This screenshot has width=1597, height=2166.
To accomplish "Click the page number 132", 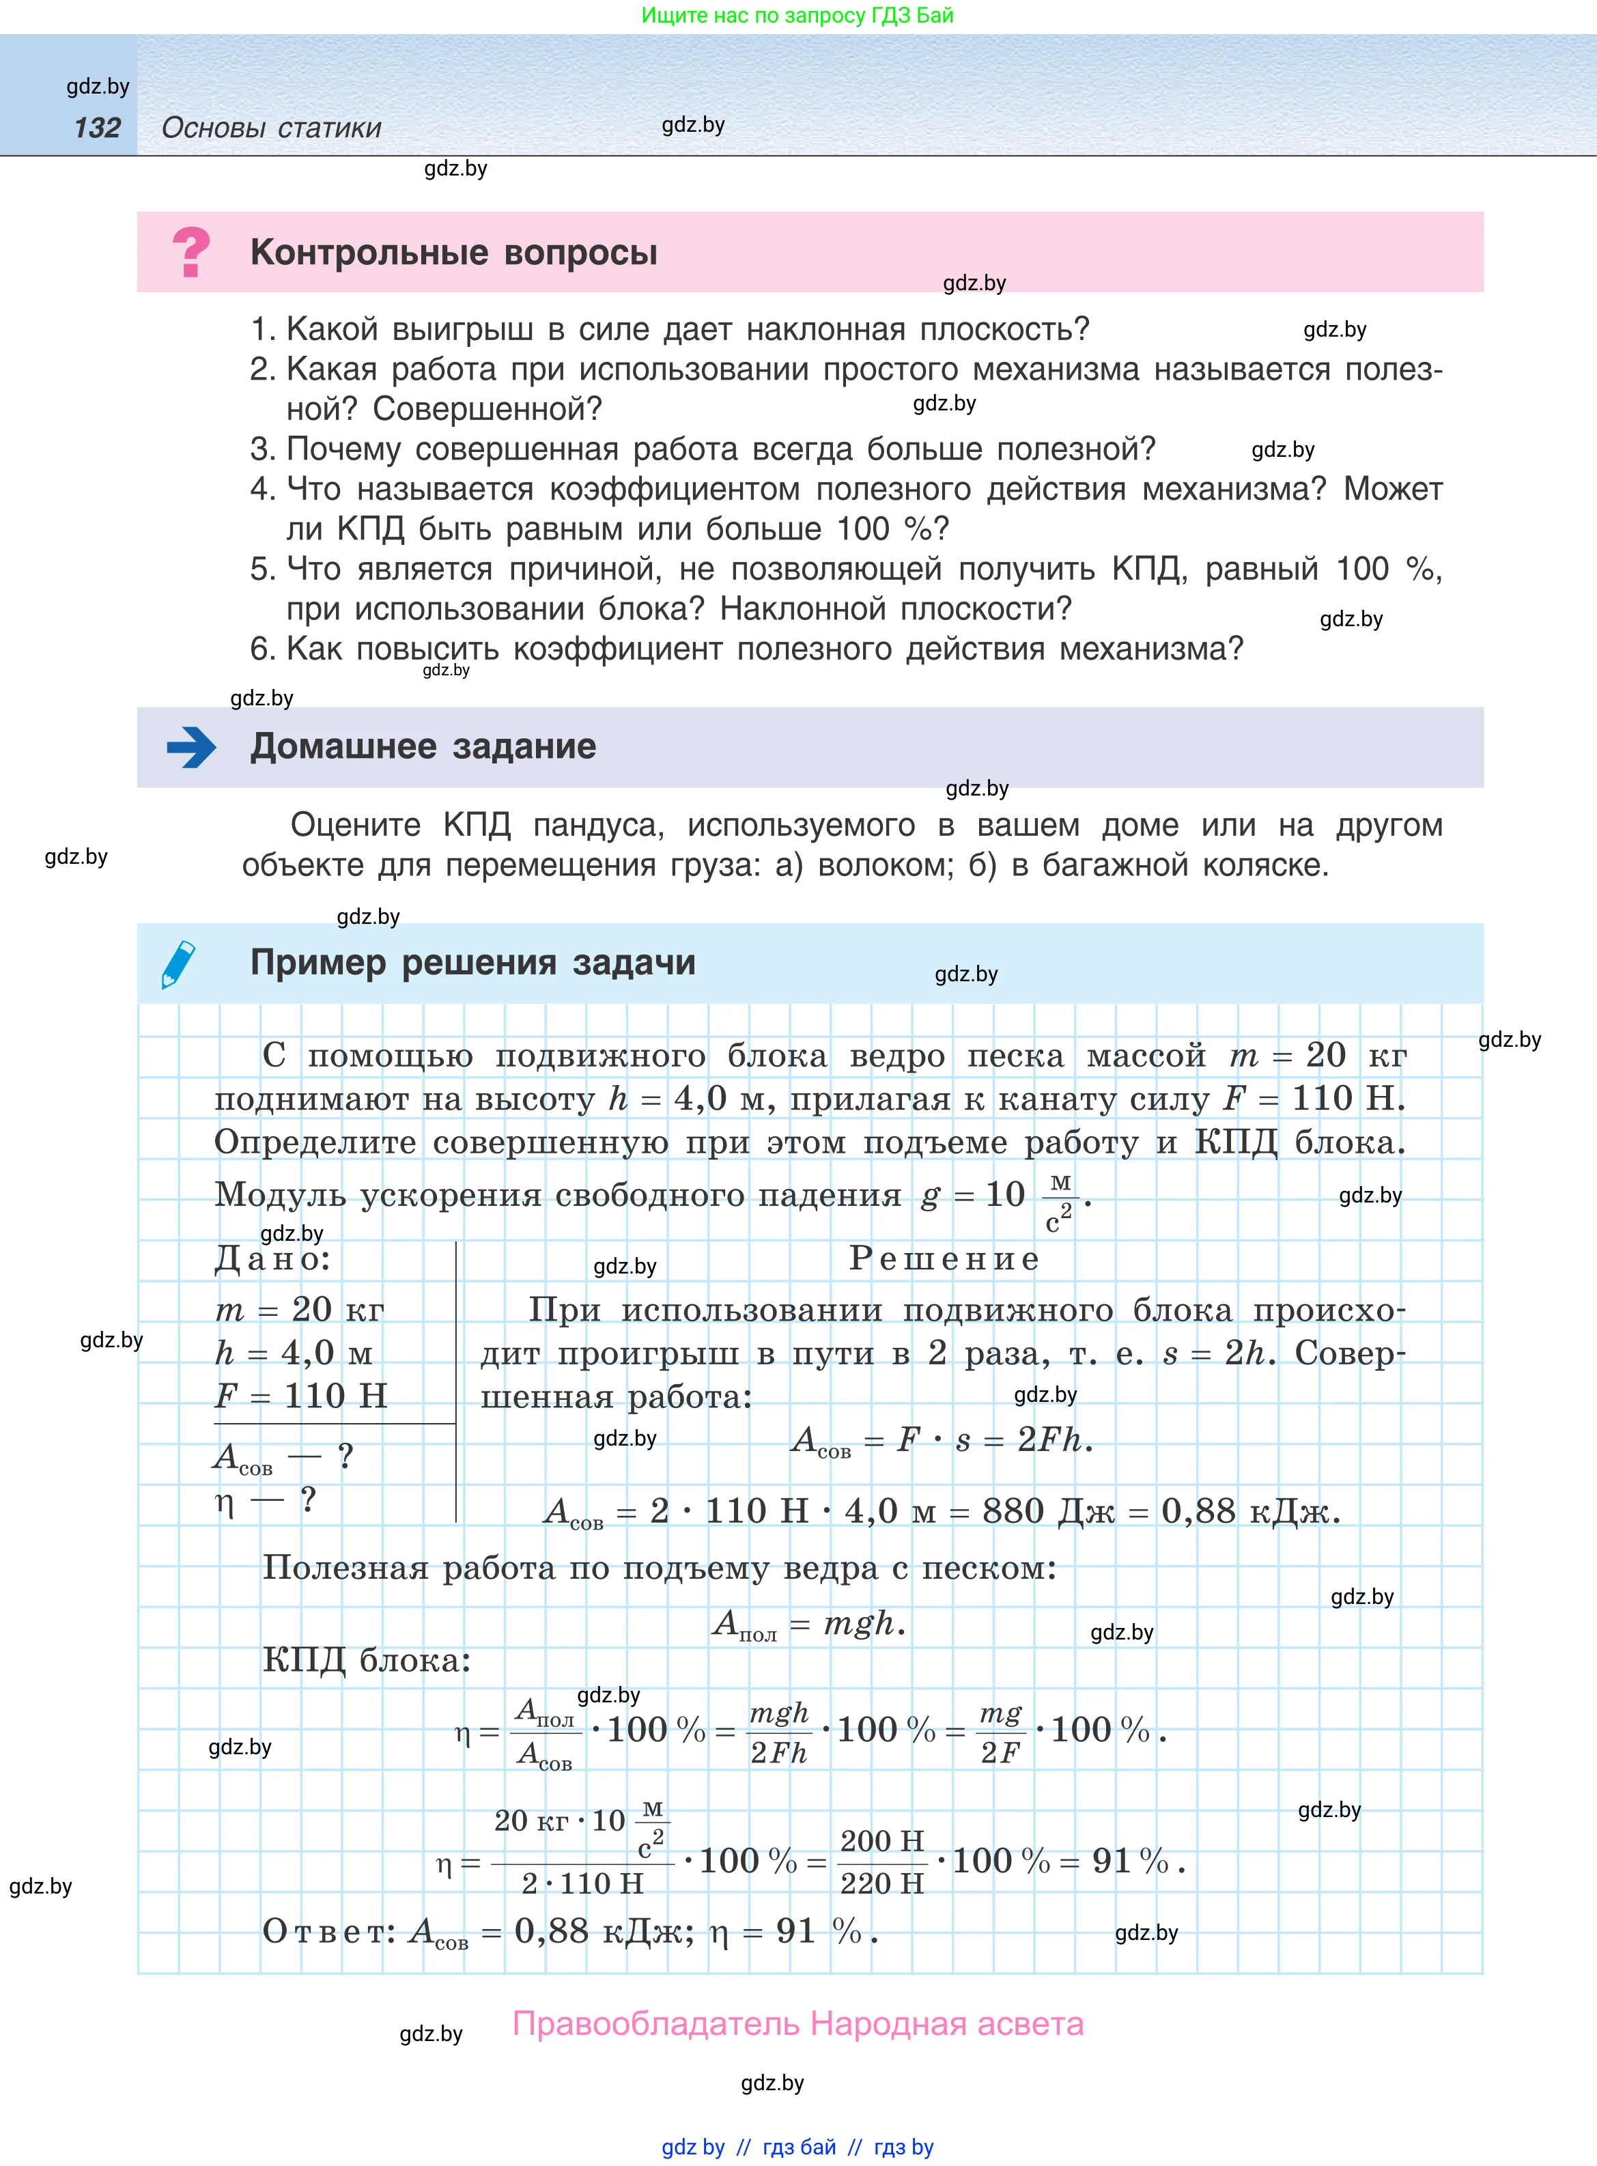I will coord(97,128).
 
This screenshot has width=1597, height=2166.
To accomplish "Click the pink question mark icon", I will coord(190,252).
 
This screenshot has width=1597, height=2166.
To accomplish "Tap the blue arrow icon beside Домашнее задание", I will coord(191,747).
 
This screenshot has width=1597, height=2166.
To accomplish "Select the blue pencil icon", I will coord(179,964).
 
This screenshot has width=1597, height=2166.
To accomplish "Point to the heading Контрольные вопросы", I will coord(453,252).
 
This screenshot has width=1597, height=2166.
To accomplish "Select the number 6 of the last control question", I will coord(261,649).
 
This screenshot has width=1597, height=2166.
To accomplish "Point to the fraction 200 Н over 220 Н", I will coord(881,1861).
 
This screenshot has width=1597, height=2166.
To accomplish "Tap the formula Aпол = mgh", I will coord(808,1624).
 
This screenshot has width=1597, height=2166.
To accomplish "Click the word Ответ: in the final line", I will coord(328,1931).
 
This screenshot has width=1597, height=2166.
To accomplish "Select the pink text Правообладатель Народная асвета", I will coord(797,2024).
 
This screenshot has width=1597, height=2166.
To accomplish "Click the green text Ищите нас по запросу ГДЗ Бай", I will coord(797,16).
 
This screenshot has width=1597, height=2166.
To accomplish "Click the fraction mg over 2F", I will coord(1000,1732).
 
